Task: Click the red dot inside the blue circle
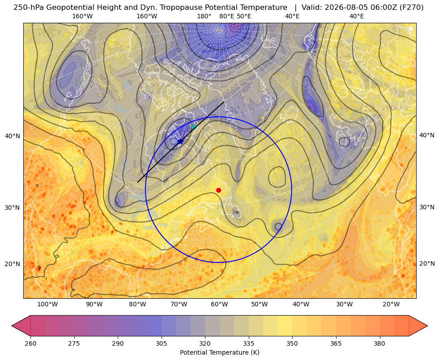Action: [218, 190]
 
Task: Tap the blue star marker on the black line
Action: [181, 141]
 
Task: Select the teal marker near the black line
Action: [194, 127]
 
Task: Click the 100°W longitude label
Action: [47, 304]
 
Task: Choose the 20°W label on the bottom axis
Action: [391, 304]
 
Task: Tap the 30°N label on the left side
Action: [13, 208]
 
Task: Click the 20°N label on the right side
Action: [427, 263]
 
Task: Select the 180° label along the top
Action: [204, 16]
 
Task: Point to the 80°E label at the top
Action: [226, 16]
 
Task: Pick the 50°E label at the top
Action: [244, 16]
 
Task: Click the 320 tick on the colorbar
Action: [205, 343]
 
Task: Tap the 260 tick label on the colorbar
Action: [30, 343]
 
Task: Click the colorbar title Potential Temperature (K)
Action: [219, 352]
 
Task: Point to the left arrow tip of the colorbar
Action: [12, 326]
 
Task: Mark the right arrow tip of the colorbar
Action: [427, 326]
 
